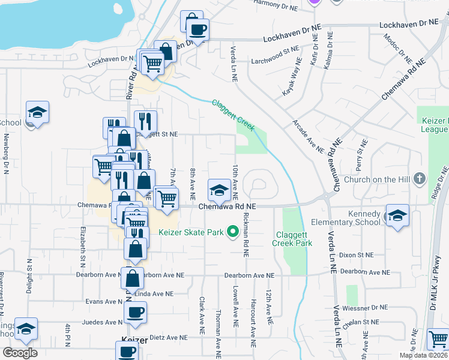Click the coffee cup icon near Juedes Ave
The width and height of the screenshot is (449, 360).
pos(136,312)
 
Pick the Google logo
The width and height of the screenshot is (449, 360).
pos(20,353)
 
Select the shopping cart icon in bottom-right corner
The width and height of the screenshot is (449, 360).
pos(438,340)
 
